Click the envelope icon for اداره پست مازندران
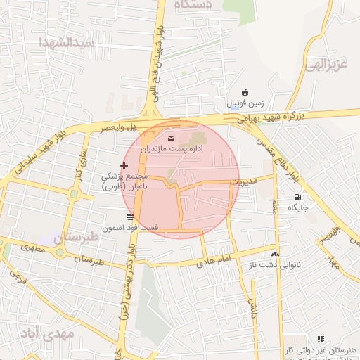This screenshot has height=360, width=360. tap(172, 137)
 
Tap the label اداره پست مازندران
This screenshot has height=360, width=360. tap(172, 149)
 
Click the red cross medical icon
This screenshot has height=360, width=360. tap(124, 165)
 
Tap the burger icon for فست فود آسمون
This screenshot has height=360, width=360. tap(130, 216)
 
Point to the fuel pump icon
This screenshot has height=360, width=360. tap(297, 197)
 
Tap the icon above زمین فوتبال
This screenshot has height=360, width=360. tap(245, 92)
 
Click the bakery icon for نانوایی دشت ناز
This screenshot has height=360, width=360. tap(274, 254)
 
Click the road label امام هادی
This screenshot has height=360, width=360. tap(215, 260)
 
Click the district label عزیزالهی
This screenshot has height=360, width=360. tap(326, 65)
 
